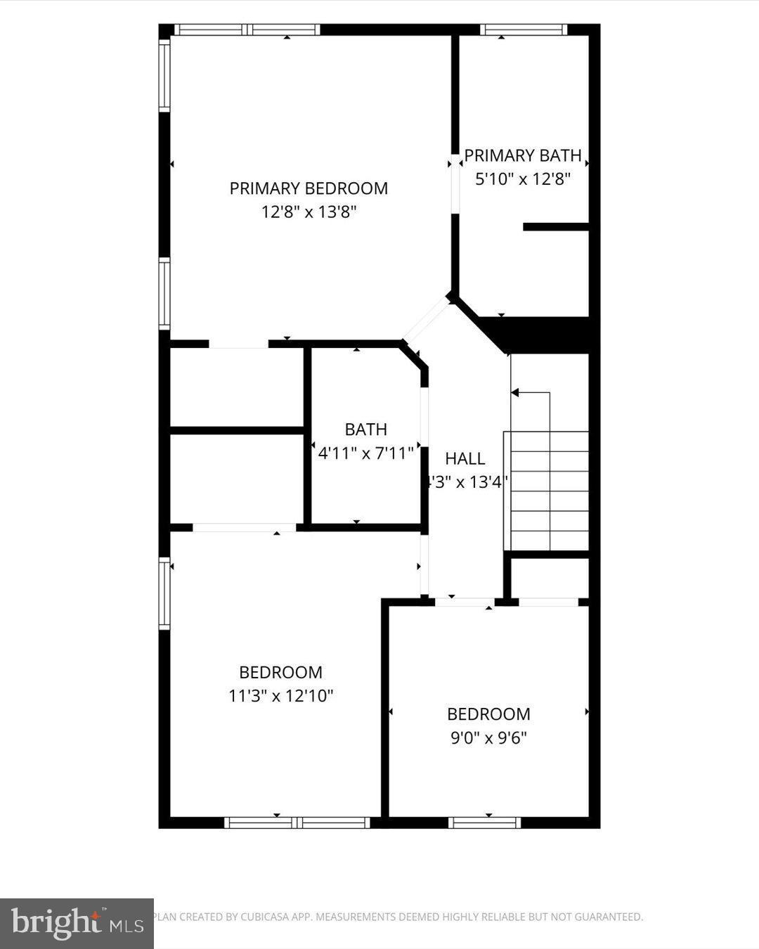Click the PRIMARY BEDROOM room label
click(x=309, y=188)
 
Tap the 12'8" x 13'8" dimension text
click(x=309, y=212)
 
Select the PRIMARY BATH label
click(x=523, y=155)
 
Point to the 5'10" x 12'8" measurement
click(x=522, y=179)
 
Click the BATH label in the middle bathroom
click(x=365, y=430)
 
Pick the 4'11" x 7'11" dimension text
click(x=365, y=453)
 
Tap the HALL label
click(x=465, y=459)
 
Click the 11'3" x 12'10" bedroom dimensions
click(x=280, y=696)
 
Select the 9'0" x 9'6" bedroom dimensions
click(x=488, y=737)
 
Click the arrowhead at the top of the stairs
click(x=515, y=392)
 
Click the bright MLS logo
click(x=77, y=923)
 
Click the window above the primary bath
click(x=524, y=30)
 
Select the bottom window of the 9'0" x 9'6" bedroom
click(x=484, y=822)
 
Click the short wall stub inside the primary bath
click(x=555, y=226)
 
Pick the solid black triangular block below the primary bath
click(x=541, y=335)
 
